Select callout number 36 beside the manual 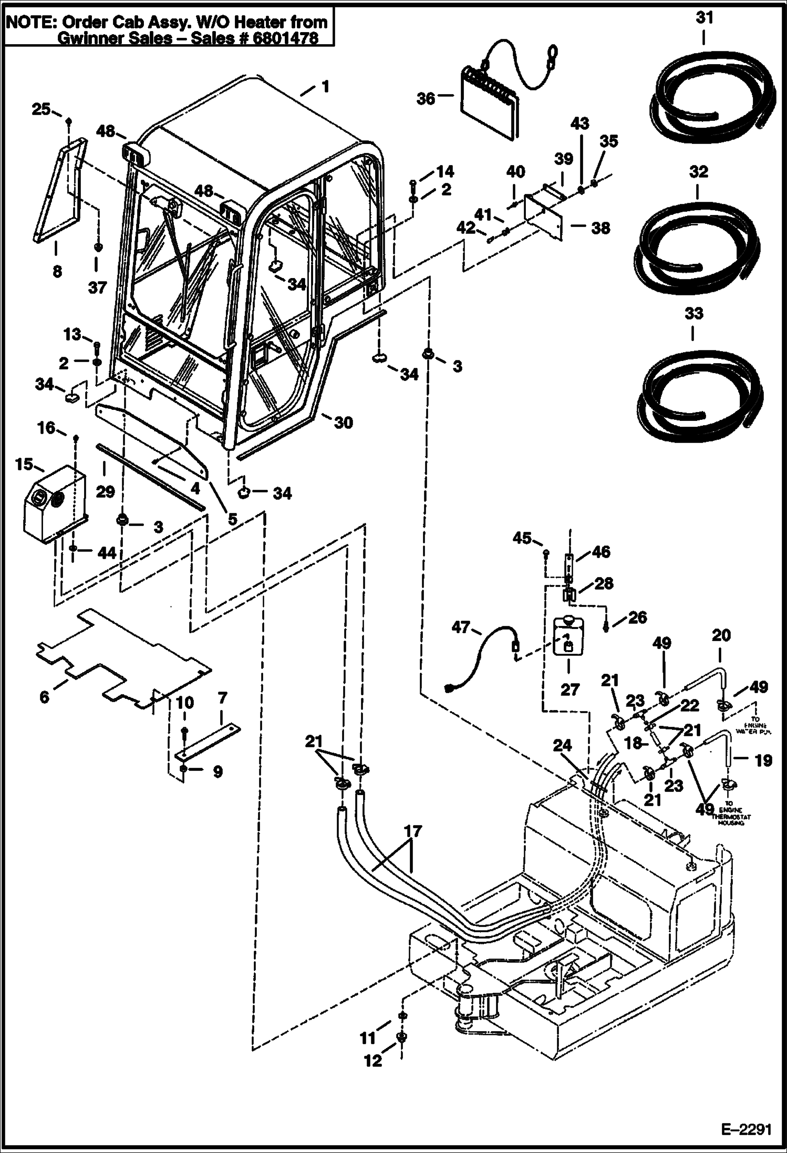coord(426,98)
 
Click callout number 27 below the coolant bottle coord(569,689)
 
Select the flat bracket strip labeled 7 coord(208,740)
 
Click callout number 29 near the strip coord(105,491)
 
